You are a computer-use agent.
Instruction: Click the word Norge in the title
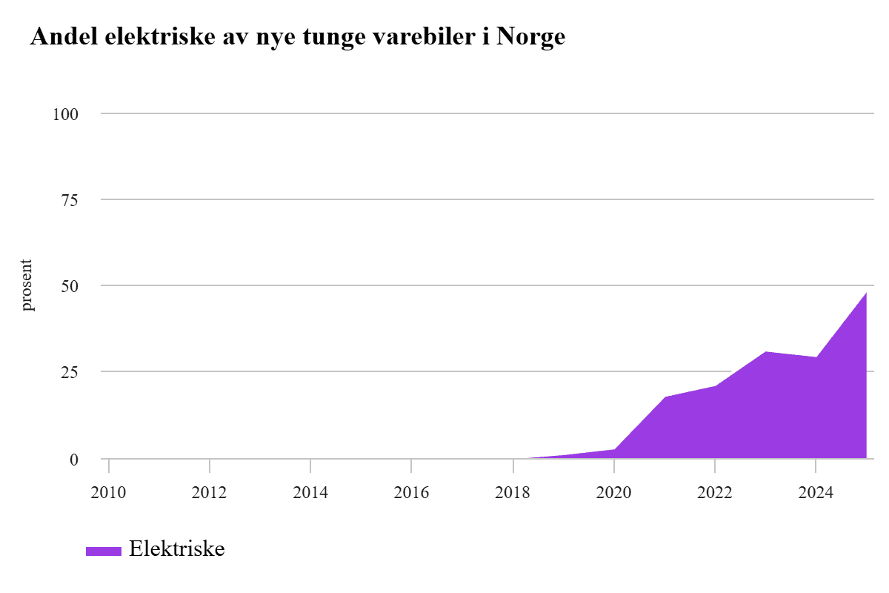point(530,37)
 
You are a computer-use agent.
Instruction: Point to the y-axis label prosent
point(27,285)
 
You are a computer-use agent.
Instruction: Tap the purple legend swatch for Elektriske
point(103,550)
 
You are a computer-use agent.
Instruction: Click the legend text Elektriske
point(176,549)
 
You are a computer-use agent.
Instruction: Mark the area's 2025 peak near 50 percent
point(865,294)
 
